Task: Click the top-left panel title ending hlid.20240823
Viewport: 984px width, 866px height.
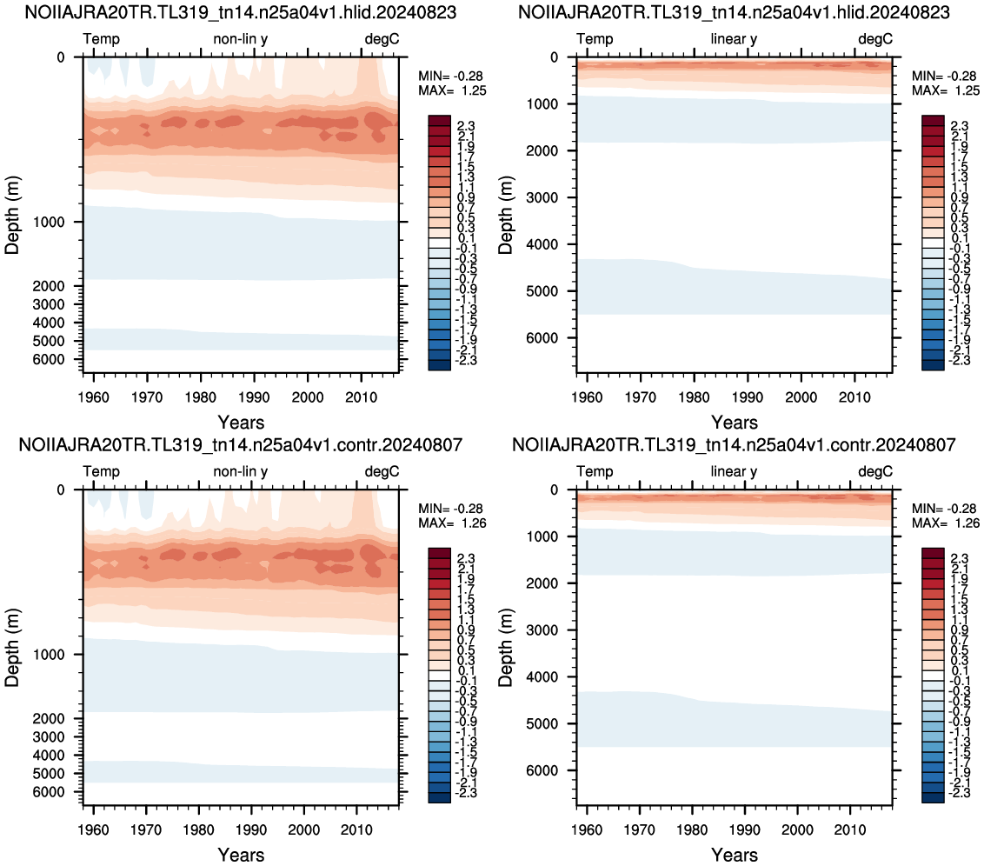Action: tap(241, 12)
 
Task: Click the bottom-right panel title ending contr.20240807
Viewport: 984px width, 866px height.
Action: tap(734, 445)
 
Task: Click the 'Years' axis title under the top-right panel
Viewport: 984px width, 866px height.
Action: tap(735, 423)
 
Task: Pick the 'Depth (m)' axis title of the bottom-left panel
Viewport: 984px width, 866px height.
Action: tap(12, 648)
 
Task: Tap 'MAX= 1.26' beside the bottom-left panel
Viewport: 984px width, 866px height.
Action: tap(453, 523)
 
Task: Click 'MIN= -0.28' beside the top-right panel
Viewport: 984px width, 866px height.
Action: tap(945, 76)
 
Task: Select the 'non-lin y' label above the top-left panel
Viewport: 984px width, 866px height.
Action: tap(241, 39)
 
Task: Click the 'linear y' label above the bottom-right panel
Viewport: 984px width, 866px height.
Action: tap(734, 472)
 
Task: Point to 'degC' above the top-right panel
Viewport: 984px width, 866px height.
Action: tap(874, 39)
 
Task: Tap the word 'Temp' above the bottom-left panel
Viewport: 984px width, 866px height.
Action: tap(101, 471)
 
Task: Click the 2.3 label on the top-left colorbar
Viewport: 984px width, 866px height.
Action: tap(466, 126)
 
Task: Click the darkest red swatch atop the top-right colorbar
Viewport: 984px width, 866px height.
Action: tap(933, 121)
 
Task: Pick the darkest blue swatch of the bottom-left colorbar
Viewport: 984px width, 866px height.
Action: tap(439, 797)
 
